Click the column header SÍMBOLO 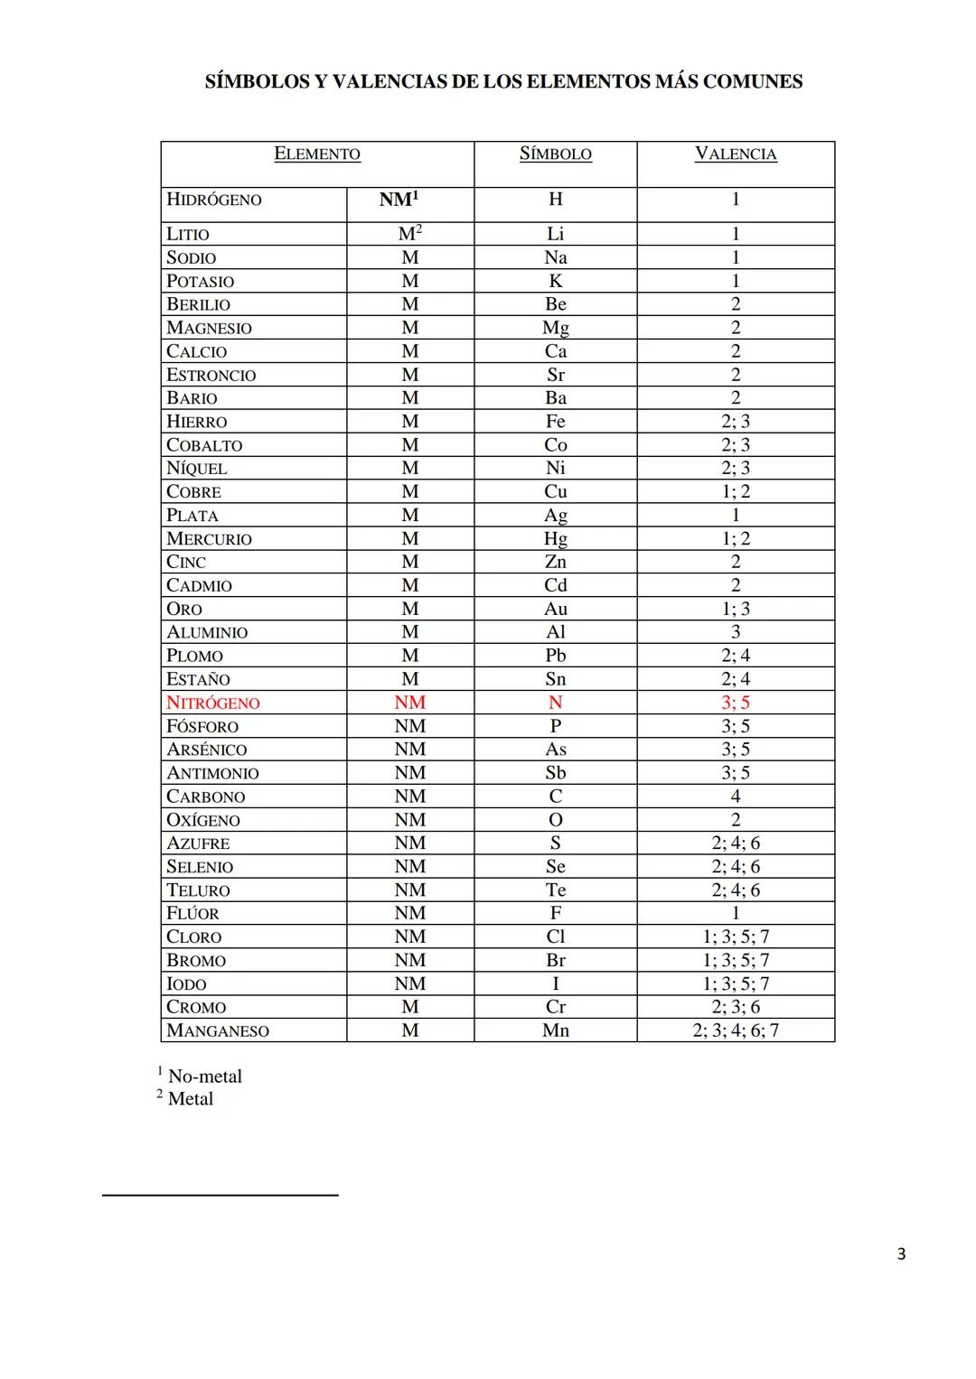click(x=555, y=154)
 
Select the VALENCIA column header click(x=736, y=154)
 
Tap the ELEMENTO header click(x=317, y=154)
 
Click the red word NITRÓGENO click(x=213, y=703)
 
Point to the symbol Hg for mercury click(x=555, y=538)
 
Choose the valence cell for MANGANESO click(x=736, y=1030)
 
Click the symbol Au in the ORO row click(x=555, y=609)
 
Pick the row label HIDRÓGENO click(x=214, y=200)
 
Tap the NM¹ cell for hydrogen click(x=399, y=200)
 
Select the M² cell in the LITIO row click(x=410, y=234)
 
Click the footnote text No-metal click(x=205, y=1076)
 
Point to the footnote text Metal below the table click(x=191, y=1099)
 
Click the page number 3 click(x=901, y=1253)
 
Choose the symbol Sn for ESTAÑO click(x=555, y=679)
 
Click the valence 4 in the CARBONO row click(x=736, y=797)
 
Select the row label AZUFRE click(x=198, y=843)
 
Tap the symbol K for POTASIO click(x=555, y=281)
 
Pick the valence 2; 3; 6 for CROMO click(x=736, y=1007)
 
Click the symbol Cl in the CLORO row click(x=555, y=936)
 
